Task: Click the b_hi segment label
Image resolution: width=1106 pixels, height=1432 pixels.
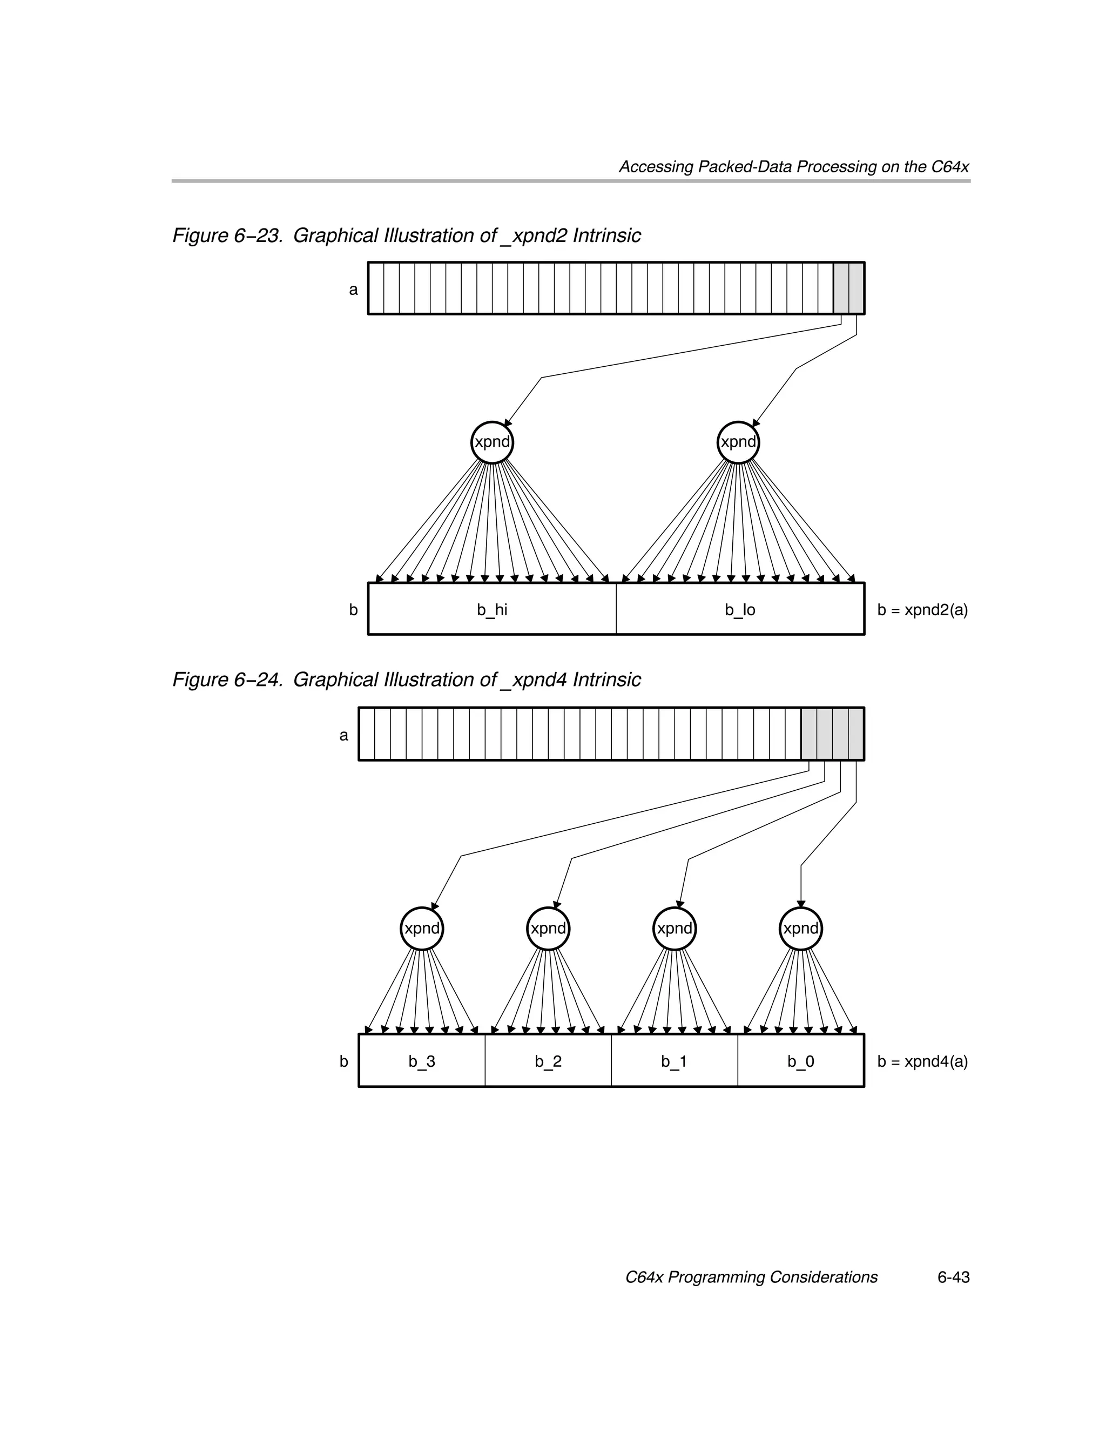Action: [491, 610]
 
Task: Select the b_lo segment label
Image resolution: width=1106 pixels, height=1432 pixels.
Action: [739, 610]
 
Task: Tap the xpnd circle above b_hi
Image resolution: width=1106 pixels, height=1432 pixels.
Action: [491, 442]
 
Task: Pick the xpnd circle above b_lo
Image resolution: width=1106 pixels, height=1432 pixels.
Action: [738, 442]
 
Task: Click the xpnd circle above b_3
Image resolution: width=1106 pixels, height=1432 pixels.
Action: [422, 929]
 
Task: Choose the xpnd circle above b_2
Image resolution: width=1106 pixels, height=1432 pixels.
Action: [548, 929]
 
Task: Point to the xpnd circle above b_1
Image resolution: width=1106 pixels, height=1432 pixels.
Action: [675, 929]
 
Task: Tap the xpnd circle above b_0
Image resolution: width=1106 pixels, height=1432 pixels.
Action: [800, 929]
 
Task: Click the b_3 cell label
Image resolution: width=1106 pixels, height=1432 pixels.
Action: [422, 1061]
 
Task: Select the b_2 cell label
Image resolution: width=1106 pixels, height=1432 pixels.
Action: [548, 1061]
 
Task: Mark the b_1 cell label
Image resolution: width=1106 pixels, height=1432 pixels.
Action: [674, 1061]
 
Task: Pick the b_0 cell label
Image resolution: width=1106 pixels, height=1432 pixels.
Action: [800, 1061]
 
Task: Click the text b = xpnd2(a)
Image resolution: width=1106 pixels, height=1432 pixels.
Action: [922, 610]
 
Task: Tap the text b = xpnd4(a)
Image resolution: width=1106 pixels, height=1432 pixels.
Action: [922, 1061]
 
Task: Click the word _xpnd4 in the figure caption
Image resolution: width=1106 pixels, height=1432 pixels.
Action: [534, 680]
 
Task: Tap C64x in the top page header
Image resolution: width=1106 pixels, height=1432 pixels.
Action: [950, 166]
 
